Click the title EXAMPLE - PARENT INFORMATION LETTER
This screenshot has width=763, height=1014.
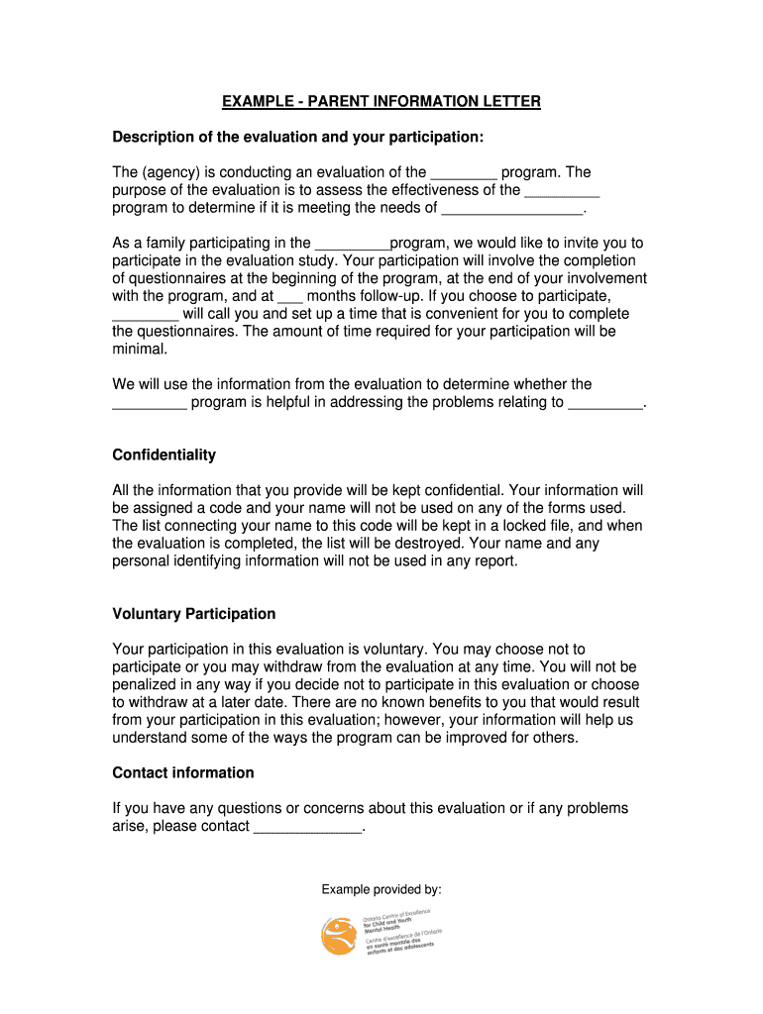(x=381, y=102)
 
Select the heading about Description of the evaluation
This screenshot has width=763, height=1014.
(x=298, y=136)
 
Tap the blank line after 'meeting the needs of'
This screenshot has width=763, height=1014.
(x=512, y=208)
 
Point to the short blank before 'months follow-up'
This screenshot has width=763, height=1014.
(x=289, y=296)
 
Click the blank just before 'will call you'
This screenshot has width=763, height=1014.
(x=145, y=314)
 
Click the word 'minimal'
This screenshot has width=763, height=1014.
(x=140, y=350)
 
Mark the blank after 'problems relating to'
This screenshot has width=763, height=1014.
(x=605, y=403)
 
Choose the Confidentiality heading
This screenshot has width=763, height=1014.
(x=163, y=456)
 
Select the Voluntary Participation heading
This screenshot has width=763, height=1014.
(x=194, y=614)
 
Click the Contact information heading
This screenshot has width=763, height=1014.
(x=183, y=772)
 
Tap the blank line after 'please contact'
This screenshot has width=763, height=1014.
(x=308, y=826)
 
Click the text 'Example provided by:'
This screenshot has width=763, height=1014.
(x=381, y=889)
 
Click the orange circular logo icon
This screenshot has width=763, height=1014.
(x=339, y=936)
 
